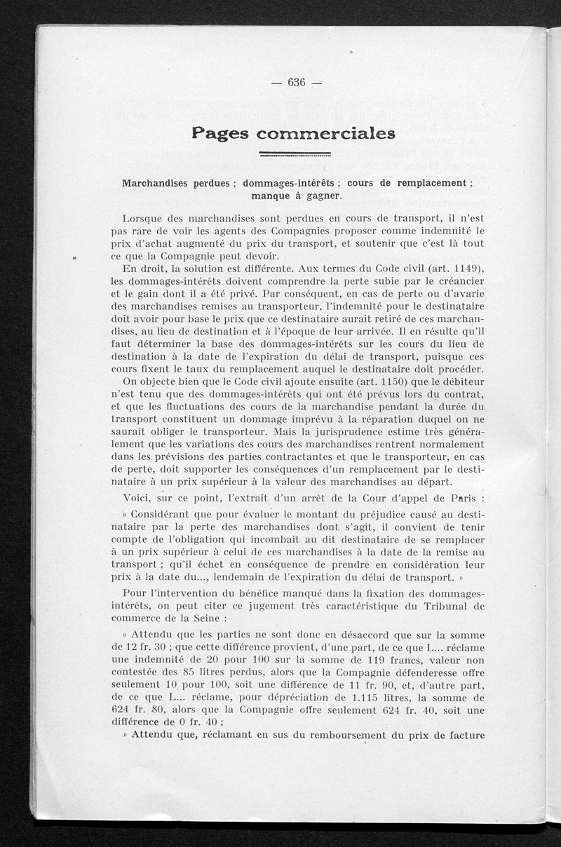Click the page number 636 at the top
[297, 83]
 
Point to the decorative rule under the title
[295, 154]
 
